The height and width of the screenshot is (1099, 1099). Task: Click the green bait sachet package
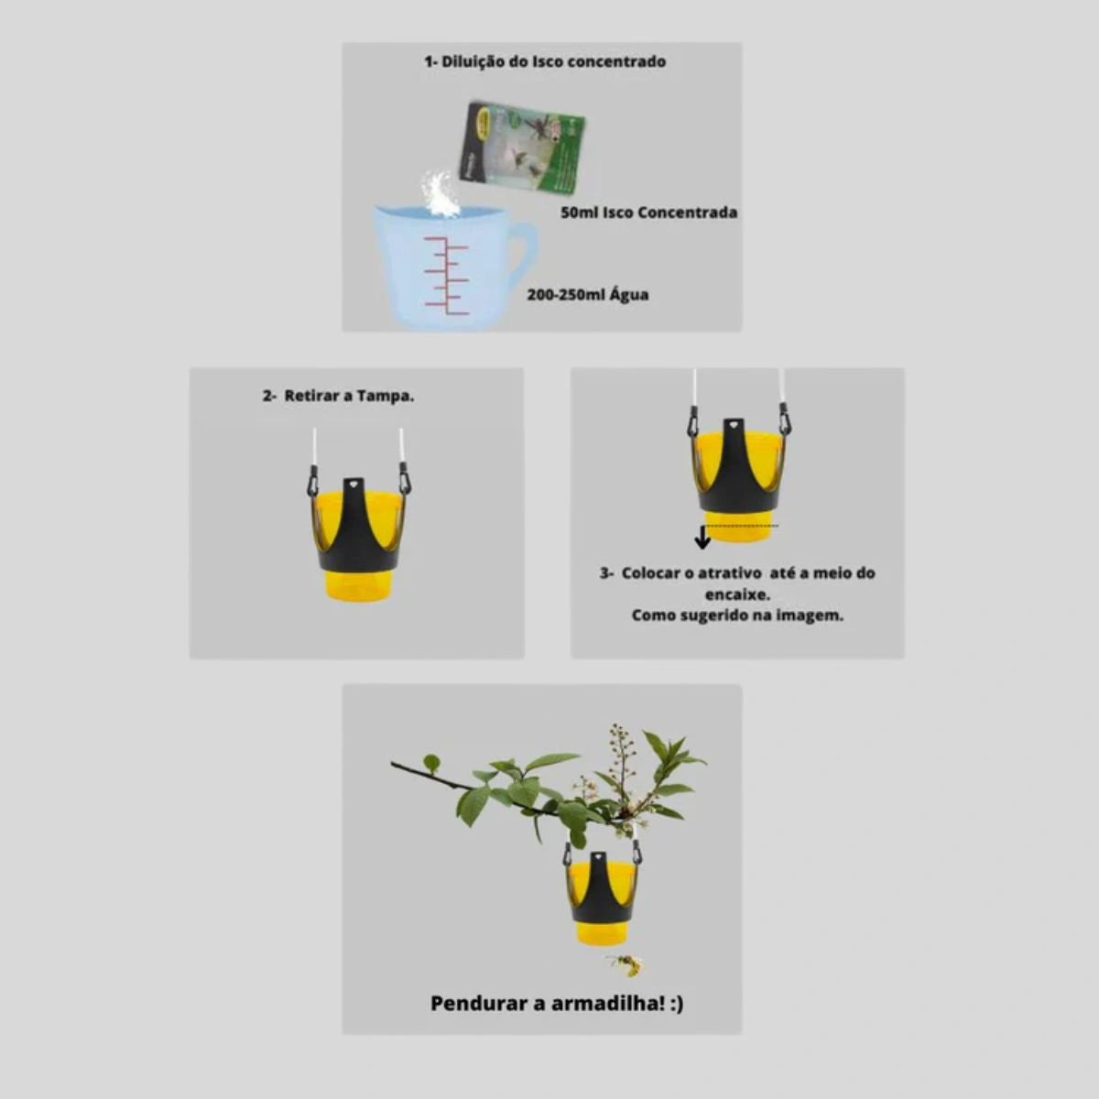[522, 148]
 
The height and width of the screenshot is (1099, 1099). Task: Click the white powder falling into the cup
[441, 195]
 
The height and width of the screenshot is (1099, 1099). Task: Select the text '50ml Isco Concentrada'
[649, 212]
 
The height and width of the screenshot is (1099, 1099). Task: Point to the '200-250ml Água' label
[587, 295]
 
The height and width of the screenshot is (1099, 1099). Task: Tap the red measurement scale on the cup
[447, 276]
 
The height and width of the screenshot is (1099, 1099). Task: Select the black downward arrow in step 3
[702, 537]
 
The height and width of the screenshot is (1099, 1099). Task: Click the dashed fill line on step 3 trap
[742, 526]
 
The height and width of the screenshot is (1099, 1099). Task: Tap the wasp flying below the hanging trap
[626, 964]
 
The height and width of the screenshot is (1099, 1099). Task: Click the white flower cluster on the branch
[619, 764]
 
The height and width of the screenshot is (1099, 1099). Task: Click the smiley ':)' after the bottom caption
[677, 1004]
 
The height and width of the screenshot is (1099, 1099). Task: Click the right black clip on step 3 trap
[786, 418]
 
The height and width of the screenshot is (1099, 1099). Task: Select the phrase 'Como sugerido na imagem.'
[737, 616]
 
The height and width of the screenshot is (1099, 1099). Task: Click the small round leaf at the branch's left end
[431, 761]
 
